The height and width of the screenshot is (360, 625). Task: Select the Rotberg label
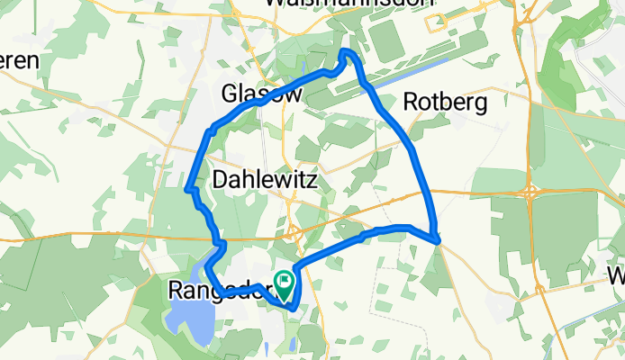pyautogui.click(x=445, y=103)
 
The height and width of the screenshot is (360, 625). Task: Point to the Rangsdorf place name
pyautogui.click(x=216, y=291)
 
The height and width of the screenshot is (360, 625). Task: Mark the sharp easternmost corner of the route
pyautogui.click(x=438, y=240)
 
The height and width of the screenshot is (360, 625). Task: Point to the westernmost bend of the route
pyautogui.click(x=187, y=189)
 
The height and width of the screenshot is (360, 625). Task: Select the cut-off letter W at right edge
pyautogui.click(x=617, y=274)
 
